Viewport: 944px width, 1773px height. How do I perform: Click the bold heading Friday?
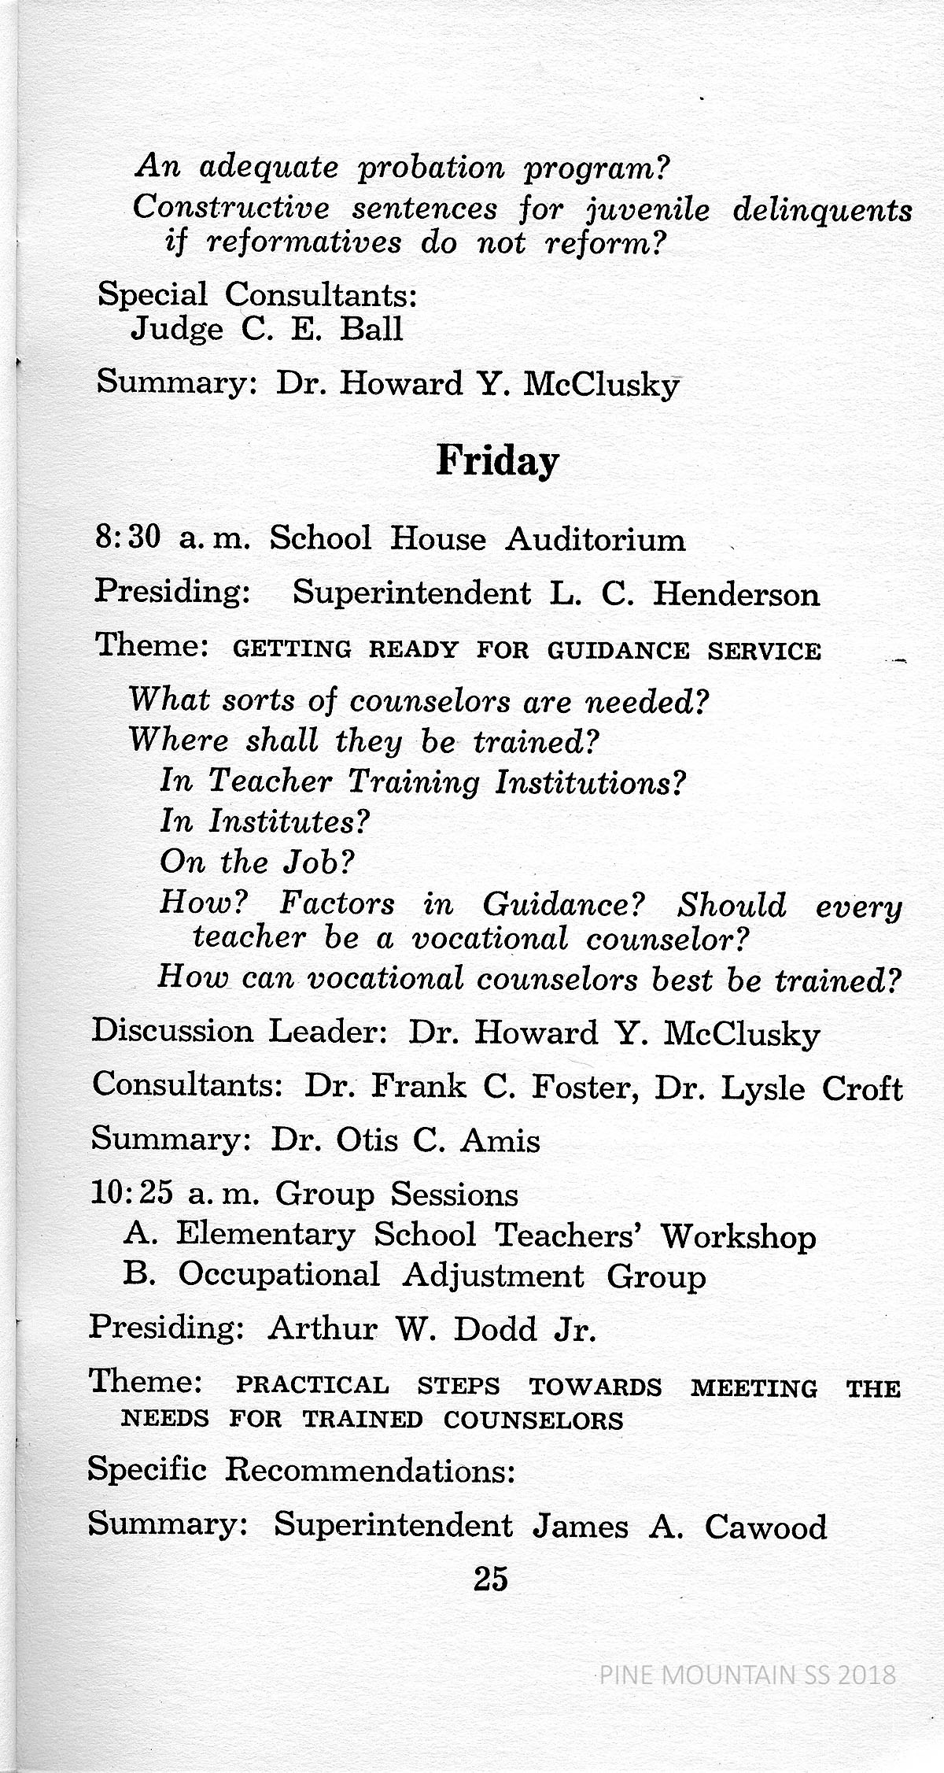point(497,462)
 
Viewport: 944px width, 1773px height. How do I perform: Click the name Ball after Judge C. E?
point(371,329)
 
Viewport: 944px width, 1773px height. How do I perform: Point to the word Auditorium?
point(595,539)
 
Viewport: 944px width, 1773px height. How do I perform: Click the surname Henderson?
point(736,594)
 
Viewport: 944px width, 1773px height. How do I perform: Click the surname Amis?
point(500,1140)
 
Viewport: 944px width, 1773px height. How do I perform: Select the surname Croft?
point(862,1088)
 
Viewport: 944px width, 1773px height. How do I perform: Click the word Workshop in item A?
point(738,1236)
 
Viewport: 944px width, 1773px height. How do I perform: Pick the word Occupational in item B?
point(278,1276)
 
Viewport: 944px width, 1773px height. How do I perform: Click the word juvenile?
point(647,209)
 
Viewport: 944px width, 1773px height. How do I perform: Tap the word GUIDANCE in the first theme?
point(619,651)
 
